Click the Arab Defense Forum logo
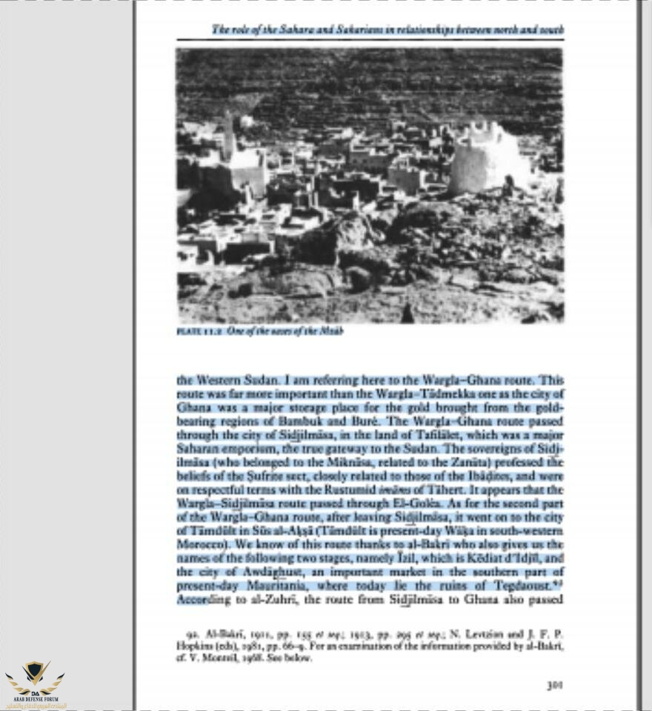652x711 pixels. pos(35,682)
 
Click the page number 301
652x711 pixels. pos(554,685)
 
